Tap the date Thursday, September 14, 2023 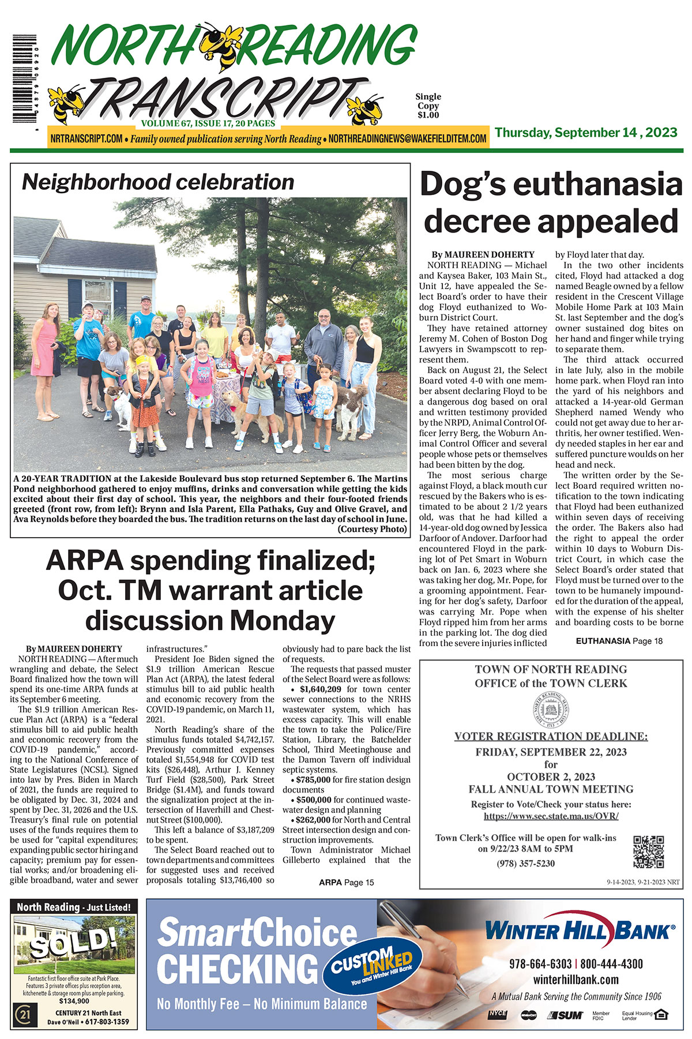coord(585,133)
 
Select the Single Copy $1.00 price coord(428,106)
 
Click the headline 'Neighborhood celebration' coord(157,182)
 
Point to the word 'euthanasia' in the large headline coord(597,185)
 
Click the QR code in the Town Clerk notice coord(648,852)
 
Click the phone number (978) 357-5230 coord(525,863)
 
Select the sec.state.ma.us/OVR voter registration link coord(551,816)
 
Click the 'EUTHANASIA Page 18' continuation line coord(619,641)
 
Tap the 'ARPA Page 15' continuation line coord(346,882)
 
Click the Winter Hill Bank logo coord(579,931)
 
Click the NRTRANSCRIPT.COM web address coord(86,139)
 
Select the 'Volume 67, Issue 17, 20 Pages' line coord(208,123)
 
